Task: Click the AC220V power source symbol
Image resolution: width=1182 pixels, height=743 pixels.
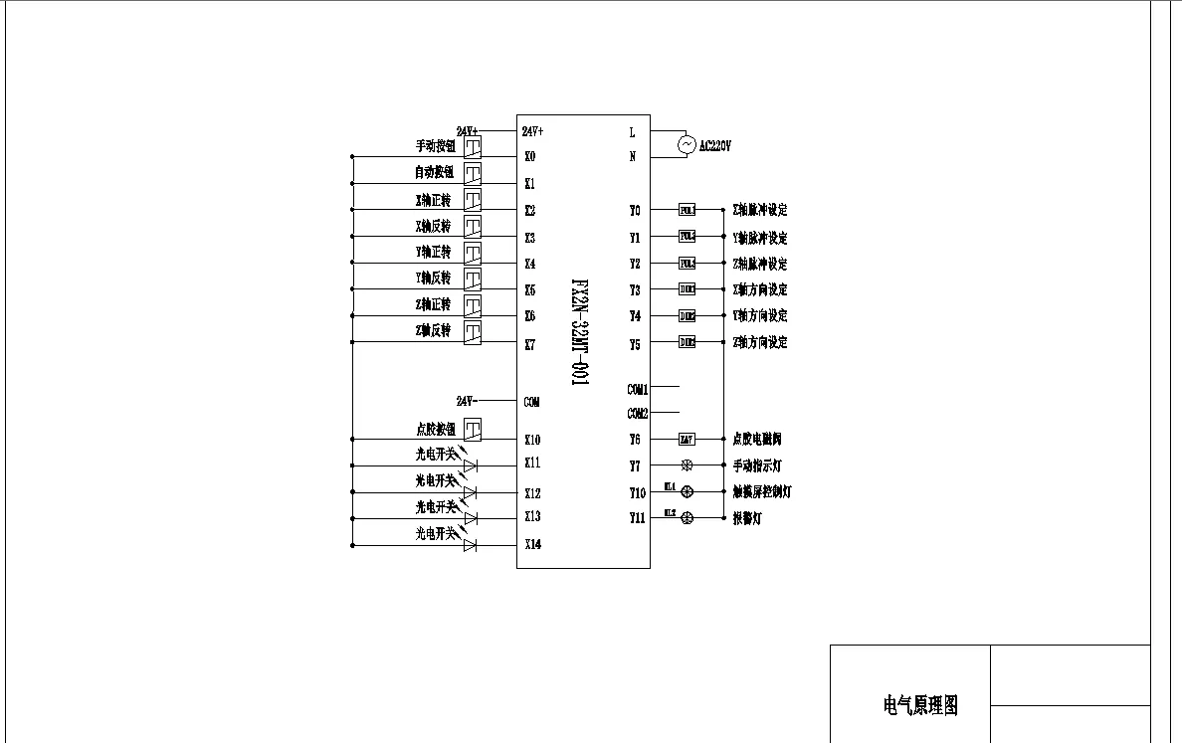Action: tap(687, 145)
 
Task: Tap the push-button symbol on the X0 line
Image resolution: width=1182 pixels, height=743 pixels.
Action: tap(473, 147)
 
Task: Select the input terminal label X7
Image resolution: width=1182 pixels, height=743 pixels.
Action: tap(529, 345)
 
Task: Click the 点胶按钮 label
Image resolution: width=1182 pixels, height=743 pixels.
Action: tap(435, 429)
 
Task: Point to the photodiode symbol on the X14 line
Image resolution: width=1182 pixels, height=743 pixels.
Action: tap(471, 545)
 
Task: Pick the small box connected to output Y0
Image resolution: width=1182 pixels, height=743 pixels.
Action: tap(687, 210)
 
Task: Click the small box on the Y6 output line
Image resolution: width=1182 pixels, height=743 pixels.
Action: tap(687, 439)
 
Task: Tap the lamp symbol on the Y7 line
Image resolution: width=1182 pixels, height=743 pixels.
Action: tap(687, 464)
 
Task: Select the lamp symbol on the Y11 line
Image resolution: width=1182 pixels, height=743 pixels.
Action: tap(687, 518)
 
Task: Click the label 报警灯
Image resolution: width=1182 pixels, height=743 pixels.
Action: tap(746, 518)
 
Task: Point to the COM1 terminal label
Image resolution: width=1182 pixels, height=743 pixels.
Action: tap(638, 390)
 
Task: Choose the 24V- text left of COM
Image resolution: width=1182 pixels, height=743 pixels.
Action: tap(467, 401)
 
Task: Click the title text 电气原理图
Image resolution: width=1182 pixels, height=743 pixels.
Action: tap(920, 705)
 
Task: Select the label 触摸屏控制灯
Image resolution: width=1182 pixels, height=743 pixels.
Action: tap(761, 491)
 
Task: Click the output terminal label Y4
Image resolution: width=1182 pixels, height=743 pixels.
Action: tap(635, 316)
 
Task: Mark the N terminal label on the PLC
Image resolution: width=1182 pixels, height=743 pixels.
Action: tap(632, 156)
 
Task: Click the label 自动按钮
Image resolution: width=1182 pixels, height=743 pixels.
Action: tap(434, 172)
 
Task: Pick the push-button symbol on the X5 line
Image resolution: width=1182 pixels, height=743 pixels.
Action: tap(473, 279)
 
